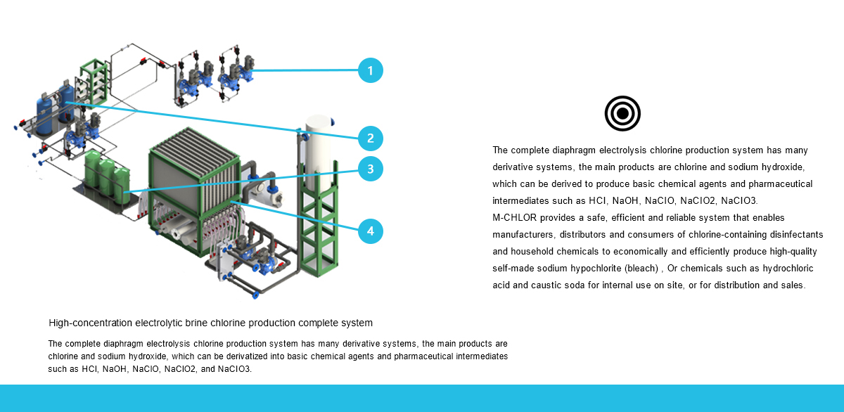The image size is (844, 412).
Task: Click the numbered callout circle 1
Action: [x=371, y=70]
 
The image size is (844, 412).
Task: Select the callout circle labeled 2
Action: [x=371, y=138]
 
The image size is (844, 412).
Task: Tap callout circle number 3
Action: [x=371, y=168]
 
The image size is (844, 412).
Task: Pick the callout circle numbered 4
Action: [x=371, y=231]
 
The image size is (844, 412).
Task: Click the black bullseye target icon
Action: [x=622, y=113]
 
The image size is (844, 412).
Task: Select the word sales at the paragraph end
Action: [x=791, y=285]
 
